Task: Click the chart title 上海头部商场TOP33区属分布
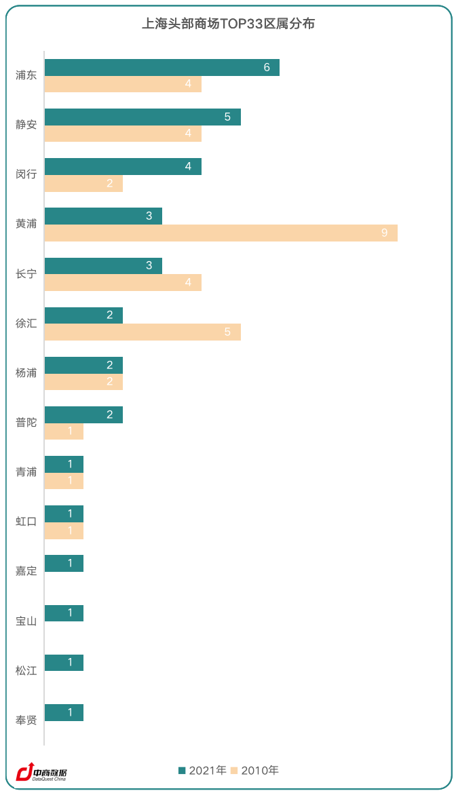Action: pos(228,24)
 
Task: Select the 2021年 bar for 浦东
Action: pos(162,67)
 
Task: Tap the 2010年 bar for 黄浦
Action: pos(221,233)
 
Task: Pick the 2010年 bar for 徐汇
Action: pos(142,332)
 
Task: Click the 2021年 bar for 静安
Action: pos(142,117)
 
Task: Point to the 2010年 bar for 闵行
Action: pos(83,183)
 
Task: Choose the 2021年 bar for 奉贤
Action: pos(64,712)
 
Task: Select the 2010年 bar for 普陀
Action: pos(64,431)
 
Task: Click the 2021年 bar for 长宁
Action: pos(103,265)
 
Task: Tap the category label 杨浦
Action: pos(26,372)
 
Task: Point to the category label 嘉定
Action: pos(26,571)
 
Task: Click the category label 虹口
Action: pos(26,522)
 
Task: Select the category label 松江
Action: pos(26,670)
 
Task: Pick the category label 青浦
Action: pos(26,472)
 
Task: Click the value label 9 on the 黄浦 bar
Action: pos(384,233)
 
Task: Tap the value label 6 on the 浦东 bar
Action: pos(267,67)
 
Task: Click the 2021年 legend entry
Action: pos(202,770)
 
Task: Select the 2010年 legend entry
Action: pos(255,770)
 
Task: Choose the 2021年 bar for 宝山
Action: pos(64,613)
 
